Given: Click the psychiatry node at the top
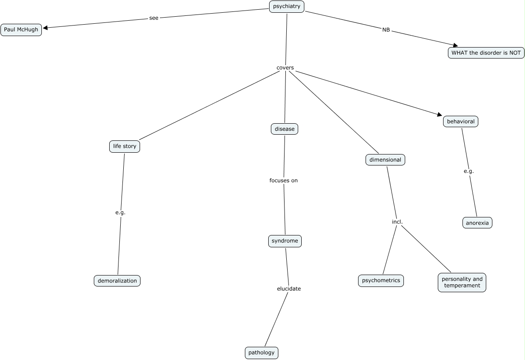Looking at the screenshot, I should [x=287, y=7].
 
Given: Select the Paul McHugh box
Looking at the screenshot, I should [x=21, y=30].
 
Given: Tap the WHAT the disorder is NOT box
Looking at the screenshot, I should [x=486, y=53].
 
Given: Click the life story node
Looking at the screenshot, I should [x=125, y=147].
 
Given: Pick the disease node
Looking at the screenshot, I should [x=285, y=129].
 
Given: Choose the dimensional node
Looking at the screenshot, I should [x=385, y=160].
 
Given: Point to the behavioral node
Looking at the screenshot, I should [x=460, y=121].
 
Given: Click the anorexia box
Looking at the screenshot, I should [x=477, y=223].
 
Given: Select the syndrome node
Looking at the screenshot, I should [x=285, y=241].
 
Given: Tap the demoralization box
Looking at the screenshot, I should [x=117, y=280].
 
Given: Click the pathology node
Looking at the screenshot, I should [x=262, y=353].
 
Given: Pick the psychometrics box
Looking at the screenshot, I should [x=381, y=280].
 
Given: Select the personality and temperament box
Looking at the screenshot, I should [x=462, y=282].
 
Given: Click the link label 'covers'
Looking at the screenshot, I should [x=285, y=68].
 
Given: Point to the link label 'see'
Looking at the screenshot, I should [x=154, y=18].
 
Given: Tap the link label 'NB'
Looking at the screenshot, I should [x=386, y=30].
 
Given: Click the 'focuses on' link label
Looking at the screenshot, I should [x=284, y=180].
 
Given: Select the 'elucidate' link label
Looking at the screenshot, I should [x=289, y=289].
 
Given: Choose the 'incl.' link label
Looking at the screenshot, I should [x=397, y=222].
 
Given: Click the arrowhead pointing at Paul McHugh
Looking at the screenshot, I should [x=45, y=28].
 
